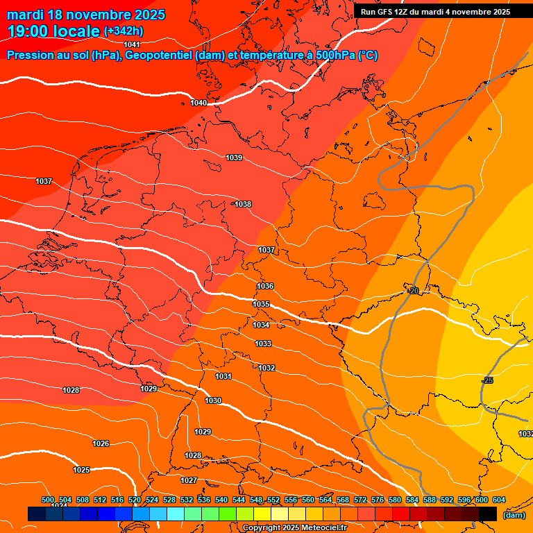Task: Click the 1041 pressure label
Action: [132, 44]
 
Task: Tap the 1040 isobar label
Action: [198, 103]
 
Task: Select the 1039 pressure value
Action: [234, 158]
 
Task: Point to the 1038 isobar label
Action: [243, 204]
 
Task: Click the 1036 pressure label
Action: [265, 286]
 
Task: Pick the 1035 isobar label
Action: [261, 304]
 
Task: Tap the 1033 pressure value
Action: [263, 344]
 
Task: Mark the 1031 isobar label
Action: [223, 376]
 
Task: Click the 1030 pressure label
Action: [213, 400]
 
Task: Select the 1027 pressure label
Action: [189, 480]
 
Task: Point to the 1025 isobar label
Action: [81, 470]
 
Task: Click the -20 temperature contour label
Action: [413, 290]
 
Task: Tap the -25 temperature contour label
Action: [487, 380]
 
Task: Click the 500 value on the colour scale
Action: [48, 500]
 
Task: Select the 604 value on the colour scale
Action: [498, 500]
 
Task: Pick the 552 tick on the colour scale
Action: [273, 500]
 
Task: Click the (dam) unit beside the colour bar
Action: [514, 514]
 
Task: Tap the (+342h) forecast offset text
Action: [124, 31]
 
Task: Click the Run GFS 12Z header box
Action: [435, 12]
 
